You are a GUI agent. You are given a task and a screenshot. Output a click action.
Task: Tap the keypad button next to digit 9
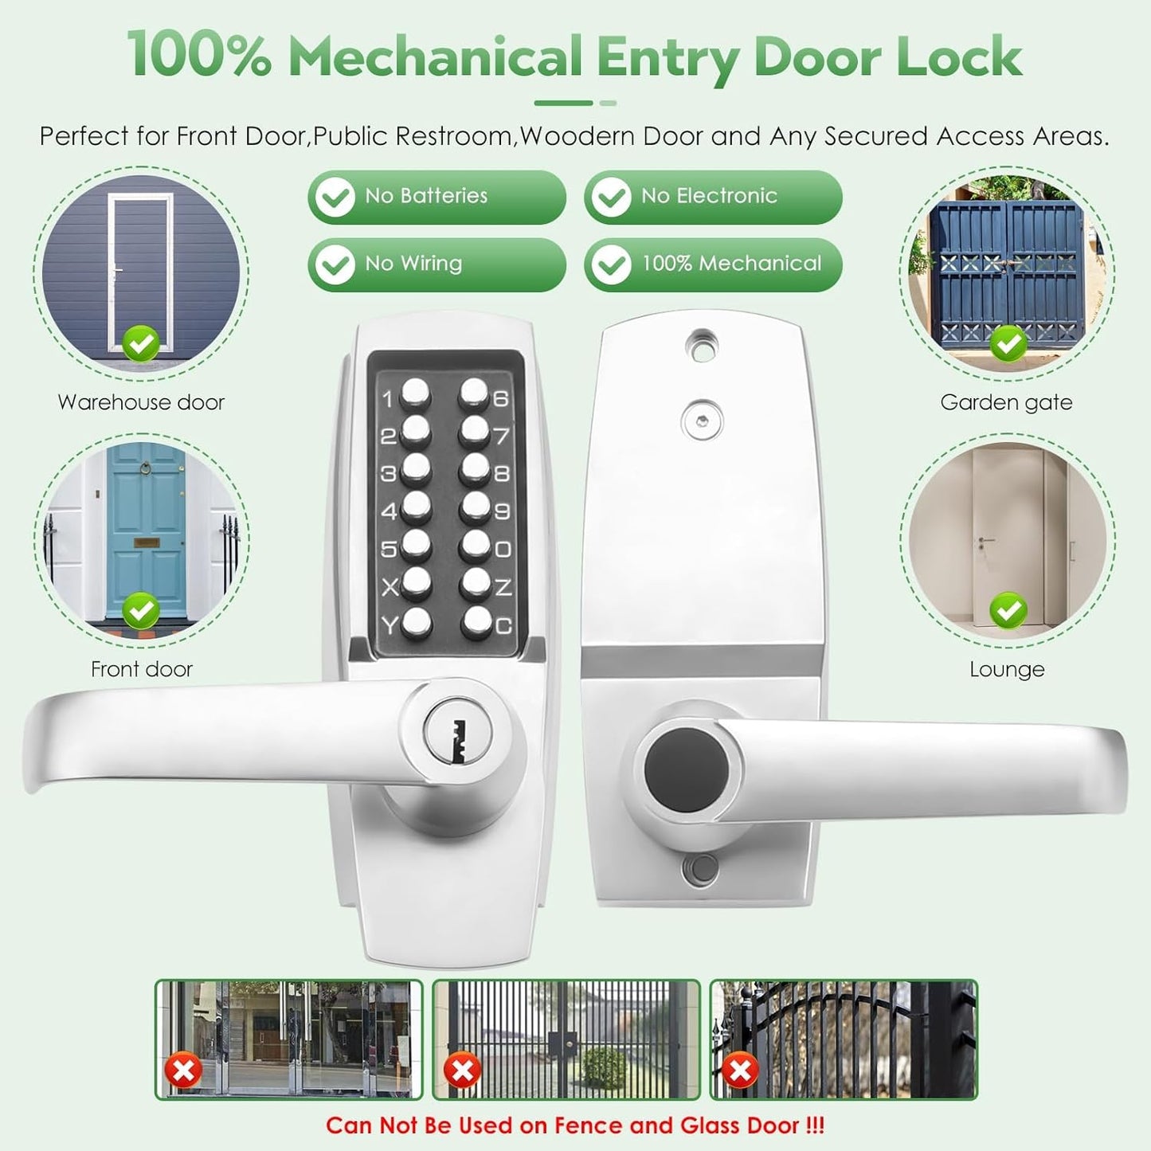pyautogui.click(x=476, y=506)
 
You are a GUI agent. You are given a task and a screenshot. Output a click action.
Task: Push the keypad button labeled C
pyautogui.click(x=477, y=621)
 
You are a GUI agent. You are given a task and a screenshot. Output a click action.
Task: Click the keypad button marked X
pyautogui.click(x=416, y=583)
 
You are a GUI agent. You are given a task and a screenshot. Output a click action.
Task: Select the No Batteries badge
pyautogui.click(x=437, y=197)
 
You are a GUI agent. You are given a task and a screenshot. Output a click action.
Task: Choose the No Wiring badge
pyautogui.click(x=437, y=264)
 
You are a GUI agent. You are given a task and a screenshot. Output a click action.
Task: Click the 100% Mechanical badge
pyautogui.click(x=713, y=264)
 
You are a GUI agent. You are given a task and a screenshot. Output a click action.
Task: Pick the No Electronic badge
pyautogui.click(x=713, y=197)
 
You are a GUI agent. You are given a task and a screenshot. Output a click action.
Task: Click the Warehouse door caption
pyautogui.click(x=141, y=402)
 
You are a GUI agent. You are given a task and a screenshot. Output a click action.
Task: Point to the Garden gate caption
pyautogui.click(x=1006, y=402)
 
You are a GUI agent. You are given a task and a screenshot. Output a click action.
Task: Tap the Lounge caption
pyautogui.click(x=1007, y=669)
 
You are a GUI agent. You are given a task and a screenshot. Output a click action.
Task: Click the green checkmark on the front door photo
pyautogui.click(x=142, y=611)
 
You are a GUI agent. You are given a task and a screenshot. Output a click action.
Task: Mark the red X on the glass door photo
pyautogui.click(x=183, y=1071)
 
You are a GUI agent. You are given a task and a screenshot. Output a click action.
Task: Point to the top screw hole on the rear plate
pyautogui.click(x=702, y=345)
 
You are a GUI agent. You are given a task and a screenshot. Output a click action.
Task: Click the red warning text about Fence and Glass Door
pyautogui.click(x=575, y=1126)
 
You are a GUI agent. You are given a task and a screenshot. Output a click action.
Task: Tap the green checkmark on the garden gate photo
pyautogui.click(x=1008, y=344)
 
